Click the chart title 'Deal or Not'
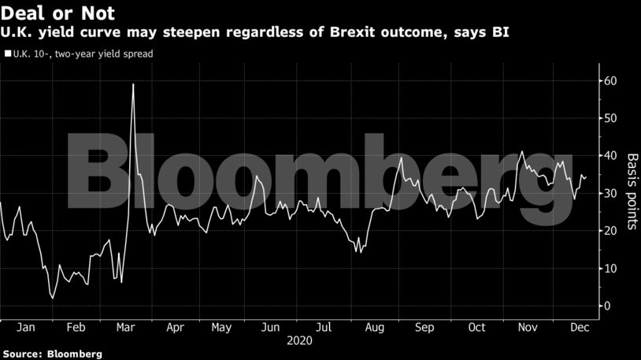coord(58,14)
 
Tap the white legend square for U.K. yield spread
coord(8,54)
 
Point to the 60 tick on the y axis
coord(610,81)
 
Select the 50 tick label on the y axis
coord(610,118)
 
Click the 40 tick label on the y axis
coord(610,156)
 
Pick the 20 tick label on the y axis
coord(610,231)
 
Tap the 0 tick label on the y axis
coord(607,306)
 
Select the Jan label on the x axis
coord(25,327)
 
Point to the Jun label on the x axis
coord(269,327)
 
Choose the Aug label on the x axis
coord(375,327)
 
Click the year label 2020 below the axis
coord(299,341)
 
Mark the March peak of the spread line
coord(133,84)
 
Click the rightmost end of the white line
coord(587,177)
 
